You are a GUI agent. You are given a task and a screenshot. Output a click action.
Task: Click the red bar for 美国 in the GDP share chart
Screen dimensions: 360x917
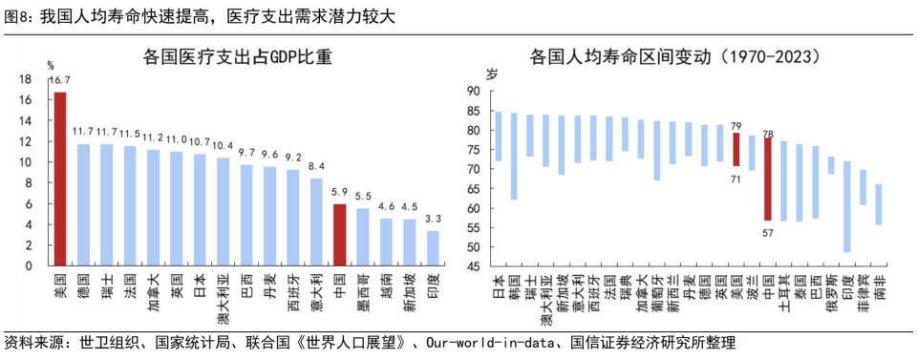point(60,179)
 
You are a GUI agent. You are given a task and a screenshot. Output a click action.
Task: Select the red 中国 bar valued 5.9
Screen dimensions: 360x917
point(339,234)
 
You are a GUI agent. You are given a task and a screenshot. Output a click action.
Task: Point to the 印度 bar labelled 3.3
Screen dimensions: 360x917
point(433,247)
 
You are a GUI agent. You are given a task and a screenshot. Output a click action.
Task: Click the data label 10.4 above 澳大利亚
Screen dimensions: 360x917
point(223,146)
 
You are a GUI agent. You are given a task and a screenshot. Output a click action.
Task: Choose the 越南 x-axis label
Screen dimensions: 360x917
point(386,286)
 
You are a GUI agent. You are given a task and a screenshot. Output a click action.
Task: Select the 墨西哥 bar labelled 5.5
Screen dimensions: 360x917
point(363,236)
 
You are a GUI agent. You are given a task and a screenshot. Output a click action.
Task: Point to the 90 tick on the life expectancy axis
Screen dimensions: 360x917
point(472,92)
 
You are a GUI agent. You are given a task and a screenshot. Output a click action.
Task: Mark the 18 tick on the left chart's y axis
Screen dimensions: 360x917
point(26,79)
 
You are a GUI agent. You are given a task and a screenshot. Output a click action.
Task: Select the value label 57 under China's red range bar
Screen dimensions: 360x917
point(768,232)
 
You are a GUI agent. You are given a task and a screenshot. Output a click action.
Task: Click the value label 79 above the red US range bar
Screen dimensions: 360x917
point(736,125)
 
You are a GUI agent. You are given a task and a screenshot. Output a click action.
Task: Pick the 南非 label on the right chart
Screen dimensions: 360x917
point(879,286)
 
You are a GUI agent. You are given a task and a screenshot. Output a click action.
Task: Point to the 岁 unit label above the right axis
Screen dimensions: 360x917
point(493,74)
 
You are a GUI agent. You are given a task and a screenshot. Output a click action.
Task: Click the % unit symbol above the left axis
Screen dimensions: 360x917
point(52,65)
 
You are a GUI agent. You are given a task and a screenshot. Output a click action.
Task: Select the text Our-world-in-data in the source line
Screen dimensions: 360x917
point(488,343)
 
